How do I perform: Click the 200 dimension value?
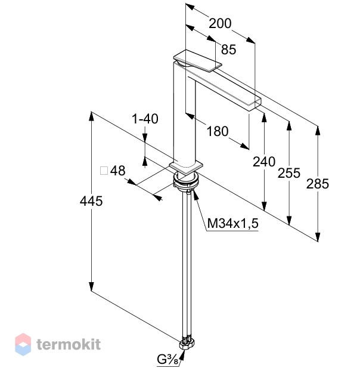[220, 23]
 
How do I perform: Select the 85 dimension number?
[228, 50]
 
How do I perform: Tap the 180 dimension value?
[218, 131]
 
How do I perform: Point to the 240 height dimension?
[264, 162]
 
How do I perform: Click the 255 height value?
[289, 173]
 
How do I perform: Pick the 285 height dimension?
[318, 184]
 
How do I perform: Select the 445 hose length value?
[91, 202]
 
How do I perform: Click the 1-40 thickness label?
[145, 119]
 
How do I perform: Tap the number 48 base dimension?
[117, 171]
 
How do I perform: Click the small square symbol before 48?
[104, 171]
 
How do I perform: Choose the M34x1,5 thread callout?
[233, 223]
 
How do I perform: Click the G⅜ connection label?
[167, 360]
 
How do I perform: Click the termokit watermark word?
[69, 344]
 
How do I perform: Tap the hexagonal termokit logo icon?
[23, 344]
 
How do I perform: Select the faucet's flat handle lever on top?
[198, 60]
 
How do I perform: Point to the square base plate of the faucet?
[187, 168]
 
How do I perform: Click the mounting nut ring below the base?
[187, 181]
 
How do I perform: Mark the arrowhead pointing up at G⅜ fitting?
[183, 353]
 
